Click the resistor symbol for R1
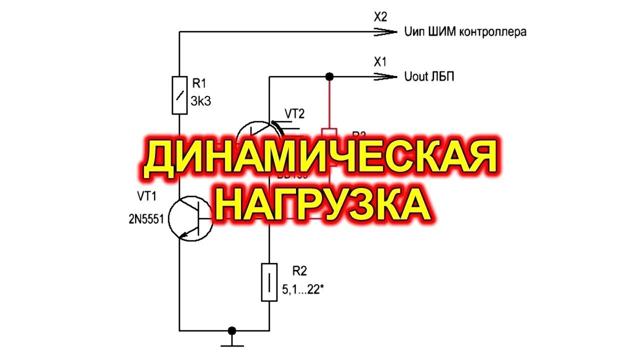179,95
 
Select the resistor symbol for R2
269,282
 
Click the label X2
380,17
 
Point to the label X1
380,62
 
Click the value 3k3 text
201,101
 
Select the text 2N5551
146,219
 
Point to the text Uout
416,77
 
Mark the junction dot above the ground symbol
231,330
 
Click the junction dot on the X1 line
329,76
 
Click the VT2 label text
294,113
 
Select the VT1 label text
147,197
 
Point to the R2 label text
299,271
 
